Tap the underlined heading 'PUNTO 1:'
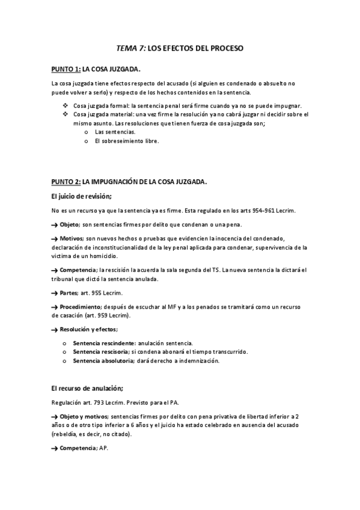(x=66, y=69)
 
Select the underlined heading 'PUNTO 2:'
(x=66, y=182)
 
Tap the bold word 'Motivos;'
(x=76, y=238)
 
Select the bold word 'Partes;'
(x=74, y=293)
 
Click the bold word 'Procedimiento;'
(x=85, y=307)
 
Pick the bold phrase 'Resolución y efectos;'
(x=89, y=330)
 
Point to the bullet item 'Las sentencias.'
(x=115, y=132)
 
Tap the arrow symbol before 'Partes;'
(x=55, y=293)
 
